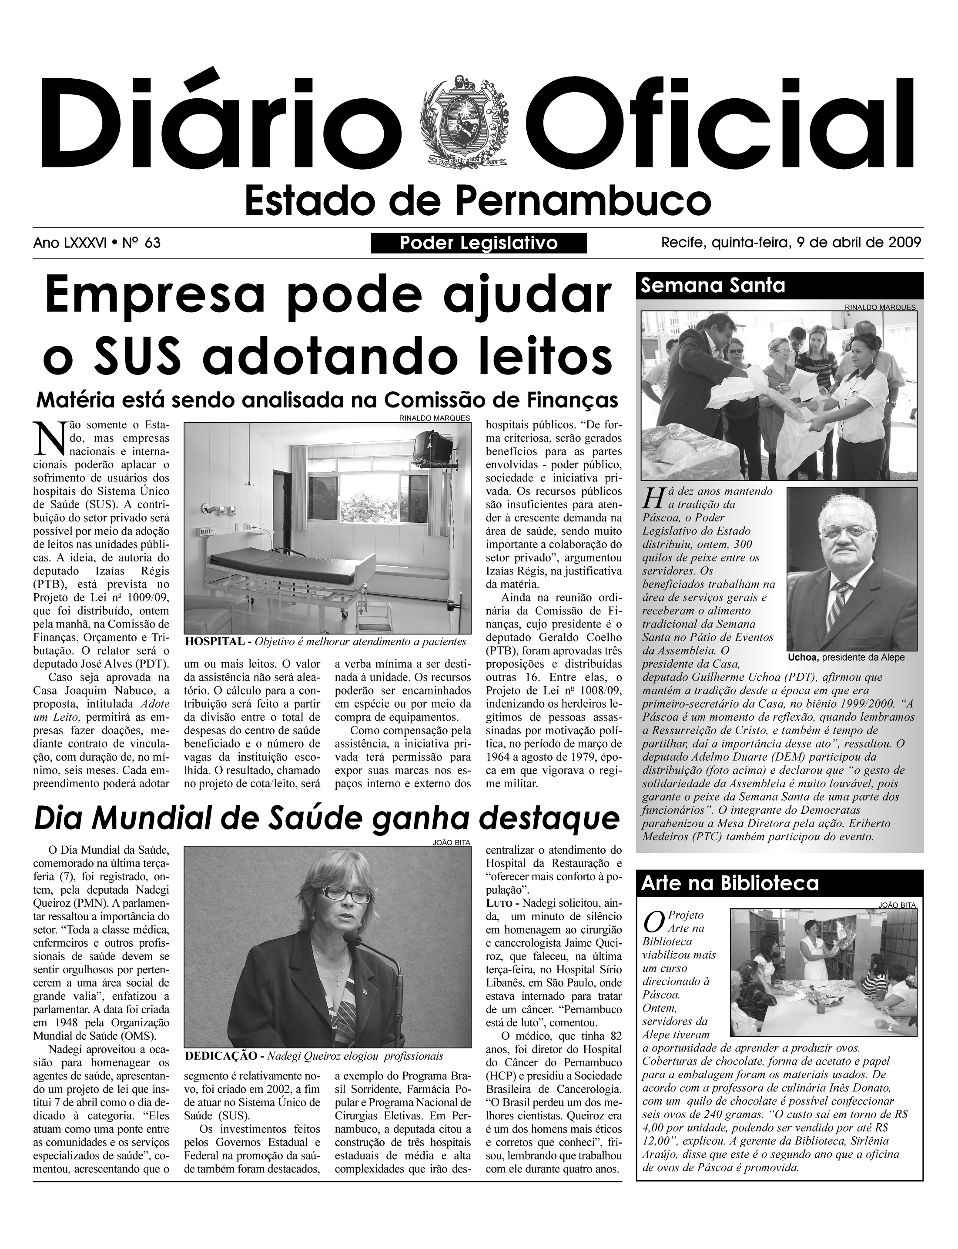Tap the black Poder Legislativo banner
point(479,244)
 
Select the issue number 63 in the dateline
point(152,244)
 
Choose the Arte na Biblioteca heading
point(730,884)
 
